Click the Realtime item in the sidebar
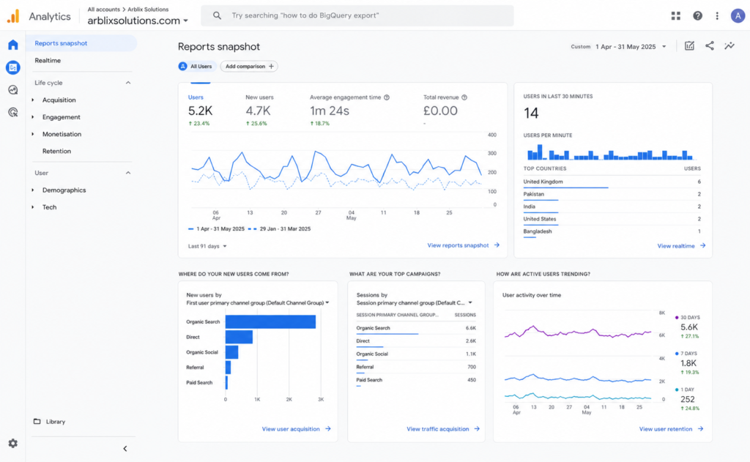[48, 60]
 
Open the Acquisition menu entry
[59, 100]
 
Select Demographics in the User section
[64, 190]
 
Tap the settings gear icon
[13, 444]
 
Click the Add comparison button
[249, 67]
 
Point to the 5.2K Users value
[200, 111]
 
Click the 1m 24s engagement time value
[330, 111]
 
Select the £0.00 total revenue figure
[440, 111]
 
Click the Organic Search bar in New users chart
[270, 322]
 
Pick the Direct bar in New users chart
[239, 338]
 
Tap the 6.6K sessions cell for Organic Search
[471, 328]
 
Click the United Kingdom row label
[543, 182]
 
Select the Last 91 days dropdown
[207, 246]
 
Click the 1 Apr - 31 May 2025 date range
[625, 47]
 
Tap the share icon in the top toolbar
[709, 46]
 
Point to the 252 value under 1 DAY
[687, 399]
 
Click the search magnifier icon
[217, 15]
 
